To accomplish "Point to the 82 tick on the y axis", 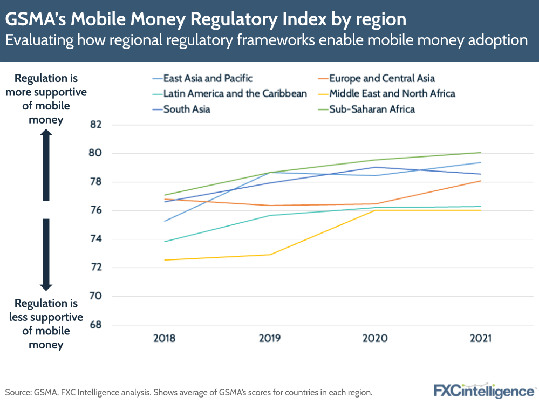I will point(95,125).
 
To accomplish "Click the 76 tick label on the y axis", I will point(95,210).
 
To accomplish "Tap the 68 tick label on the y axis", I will point(95,325).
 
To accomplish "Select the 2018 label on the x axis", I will point(164,339).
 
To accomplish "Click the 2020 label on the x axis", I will point(375,339).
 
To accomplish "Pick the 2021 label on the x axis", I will point(480,339).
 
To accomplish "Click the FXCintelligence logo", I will point(483,390).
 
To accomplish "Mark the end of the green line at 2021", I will point(480,153).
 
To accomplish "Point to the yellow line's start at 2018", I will point(165,260).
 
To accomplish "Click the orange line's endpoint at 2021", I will point(480,181).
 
